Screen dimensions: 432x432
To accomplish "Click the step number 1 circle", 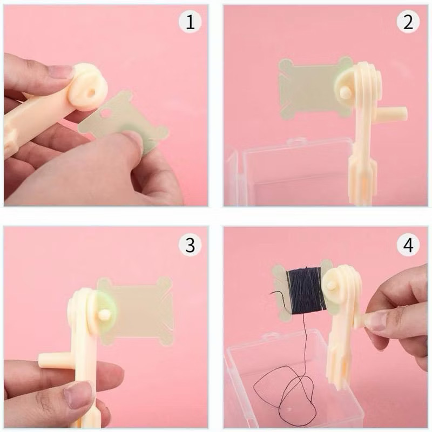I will tap(190, 23).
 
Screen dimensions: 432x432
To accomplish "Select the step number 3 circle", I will tap(190, 246).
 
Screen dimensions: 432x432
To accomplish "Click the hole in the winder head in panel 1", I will tap(91, 92).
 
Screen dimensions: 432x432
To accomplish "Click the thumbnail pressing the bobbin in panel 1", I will tap(131, 140).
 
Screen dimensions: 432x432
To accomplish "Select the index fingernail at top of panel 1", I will tap(60, 71).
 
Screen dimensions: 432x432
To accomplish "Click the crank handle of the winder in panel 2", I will tap(394, 114).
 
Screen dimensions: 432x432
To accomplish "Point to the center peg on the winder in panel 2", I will tap(345, 93).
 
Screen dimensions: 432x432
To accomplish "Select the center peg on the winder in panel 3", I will tap(104, 314).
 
